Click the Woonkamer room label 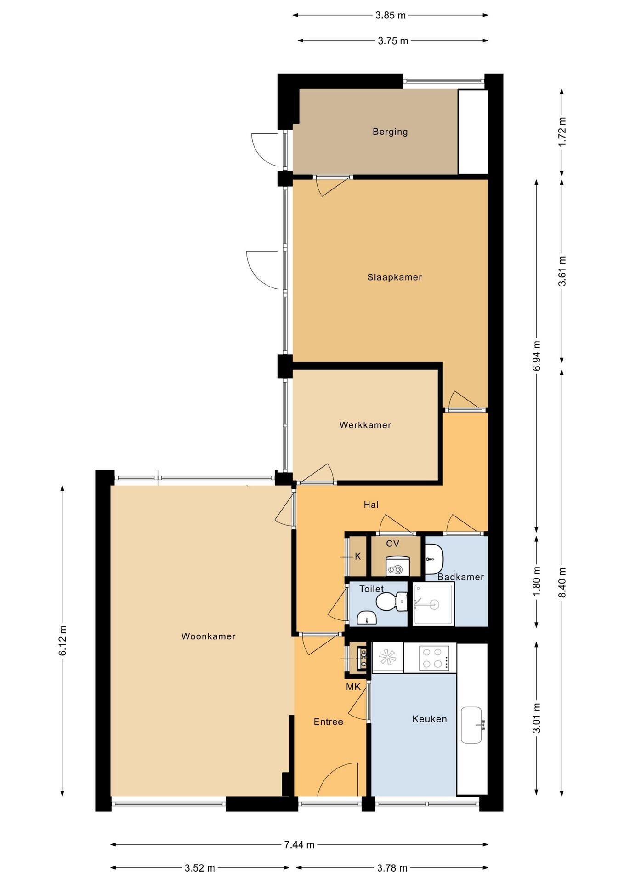(x=208, y=636)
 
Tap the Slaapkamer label (x=394, y=277)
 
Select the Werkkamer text (x=365, y=425)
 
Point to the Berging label (x=390, y=132)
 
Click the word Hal (x=371, y=505)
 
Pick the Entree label (x=329, y=722)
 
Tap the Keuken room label (x=430, y=719)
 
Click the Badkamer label (x=461, y=577)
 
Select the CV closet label (x=393, y=544)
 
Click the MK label (x=353, y=687)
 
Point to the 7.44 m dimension (x=299, y=845)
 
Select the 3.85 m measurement (x=391, y=15)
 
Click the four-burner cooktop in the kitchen (x=434, y=658)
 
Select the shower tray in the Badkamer (x=433, y=604)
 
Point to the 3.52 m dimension (x=200, y=868)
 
